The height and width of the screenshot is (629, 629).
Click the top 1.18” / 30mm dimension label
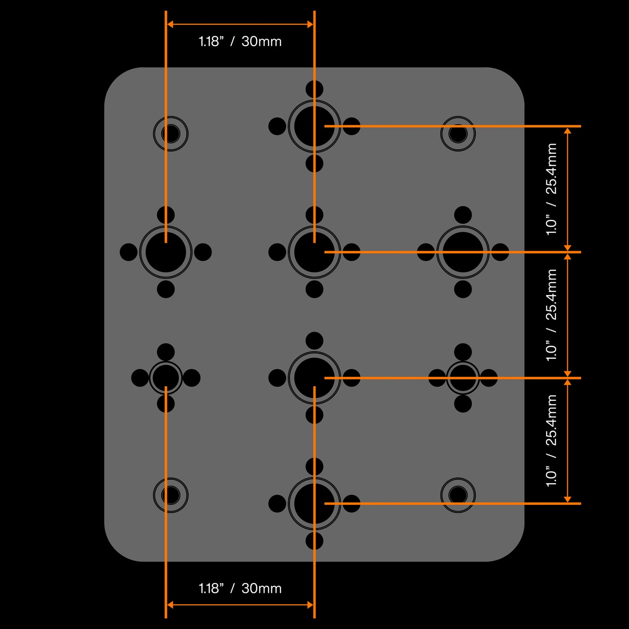coord(240,41)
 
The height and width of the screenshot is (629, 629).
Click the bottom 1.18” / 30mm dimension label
coord(240,589)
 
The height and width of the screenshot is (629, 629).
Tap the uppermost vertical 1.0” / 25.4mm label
coord(552,189)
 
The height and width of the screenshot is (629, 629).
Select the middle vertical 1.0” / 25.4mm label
coord(552,315)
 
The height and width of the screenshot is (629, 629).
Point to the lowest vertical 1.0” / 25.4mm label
coord(552,441)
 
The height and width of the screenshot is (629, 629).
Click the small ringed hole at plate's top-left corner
coord(171,134)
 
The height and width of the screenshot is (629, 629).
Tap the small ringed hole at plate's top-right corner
coord(458,134)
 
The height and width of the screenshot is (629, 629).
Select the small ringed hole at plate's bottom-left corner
coord(171,495)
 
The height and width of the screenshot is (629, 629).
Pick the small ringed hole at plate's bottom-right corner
coord(458,495)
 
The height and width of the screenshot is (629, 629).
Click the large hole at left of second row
coord(166,252)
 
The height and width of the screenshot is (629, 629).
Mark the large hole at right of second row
coord(463,252)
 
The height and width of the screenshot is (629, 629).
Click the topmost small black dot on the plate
coord(314,89)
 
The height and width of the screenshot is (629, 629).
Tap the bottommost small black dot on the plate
coord(314,541)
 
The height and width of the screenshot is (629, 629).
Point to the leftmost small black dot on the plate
coord(128,252)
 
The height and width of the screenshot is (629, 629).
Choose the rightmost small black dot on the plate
coord(500,252)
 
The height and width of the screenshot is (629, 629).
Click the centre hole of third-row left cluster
coord(166,378)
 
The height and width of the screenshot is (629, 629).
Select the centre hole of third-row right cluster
coord(463,378)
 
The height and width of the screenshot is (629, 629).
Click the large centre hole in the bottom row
coord(314,504)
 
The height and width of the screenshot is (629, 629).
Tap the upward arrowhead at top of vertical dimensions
coord(567,131)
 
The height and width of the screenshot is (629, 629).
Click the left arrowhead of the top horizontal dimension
coord(170,24)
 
